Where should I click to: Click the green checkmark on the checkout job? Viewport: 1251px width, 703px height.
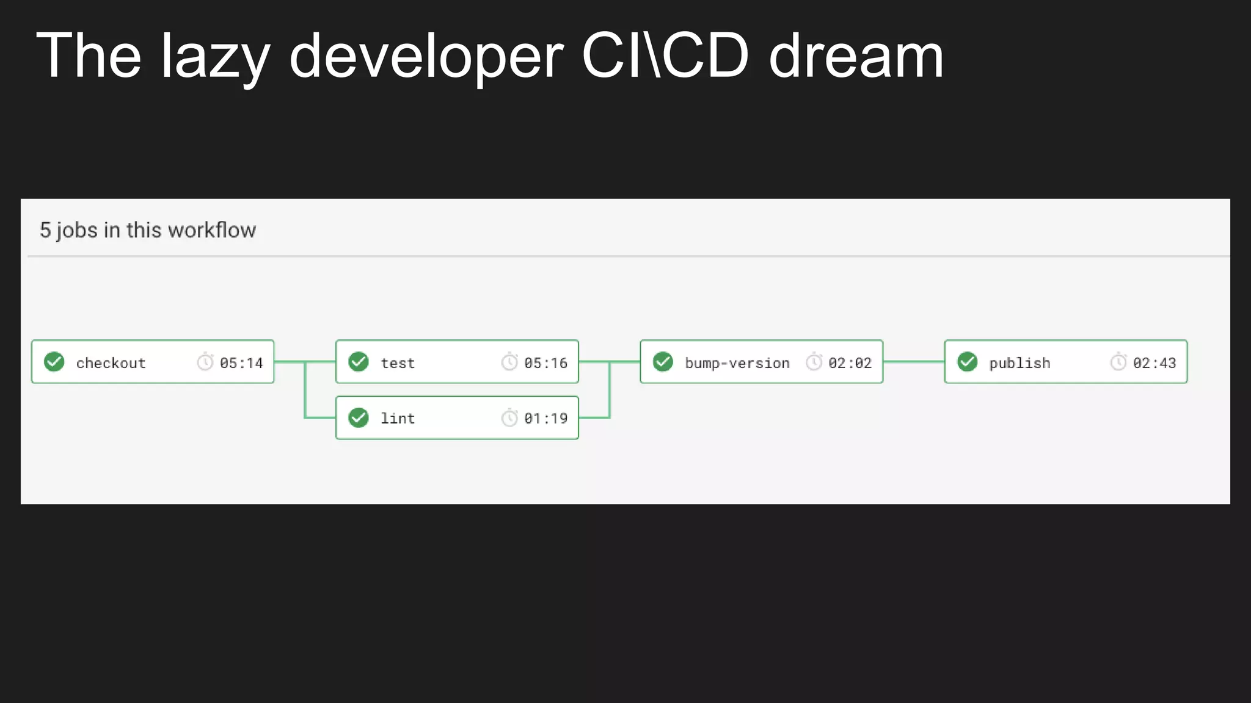[x=54, y=362]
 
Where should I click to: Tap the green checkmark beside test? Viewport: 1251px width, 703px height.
[x=359, y=362]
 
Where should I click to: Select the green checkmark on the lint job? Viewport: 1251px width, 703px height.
[x=359, y=418]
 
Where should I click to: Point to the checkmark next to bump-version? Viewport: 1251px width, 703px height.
[x=663, y=362]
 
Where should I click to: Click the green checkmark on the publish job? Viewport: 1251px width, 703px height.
[x=968, y=362]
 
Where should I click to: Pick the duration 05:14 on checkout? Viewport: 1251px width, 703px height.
[x=241, y=363]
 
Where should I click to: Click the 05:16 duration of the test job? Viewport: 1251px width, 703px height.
[x=545, y=363]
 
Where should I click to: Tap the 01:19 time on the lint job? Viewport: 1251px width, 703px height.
[x=545, y=419]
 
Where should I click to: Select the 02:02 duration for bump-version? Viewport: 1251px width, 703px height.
[x=850, y=363]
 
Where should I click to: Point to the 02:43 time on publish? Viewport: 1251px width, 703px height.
[x=1154, y=363]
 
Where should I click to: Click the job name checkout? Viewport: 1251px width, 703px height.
[x=111, y=363]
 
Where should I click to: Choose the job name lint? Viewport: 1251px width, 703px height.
[x=398, y=419]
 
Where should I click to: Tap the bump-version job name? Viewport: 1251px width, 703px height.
[x=737, y=363]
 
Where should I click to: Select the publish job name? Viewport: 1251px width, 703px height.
[x=1019, y=363]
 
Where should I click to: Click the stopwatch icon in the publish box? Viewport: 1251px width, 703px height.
[x=1118, y=362]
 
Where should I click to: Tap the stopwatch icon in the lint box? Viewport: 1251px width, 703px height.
[x=509, y=418]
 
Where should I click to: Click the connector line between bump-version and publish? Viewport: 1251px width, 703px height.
[x=914, y=362]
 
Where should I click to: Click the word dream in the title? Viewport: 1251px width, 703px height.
[x=856, y=56]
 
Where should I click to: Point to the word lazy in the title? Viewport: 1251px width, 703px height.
[x=215, y=56]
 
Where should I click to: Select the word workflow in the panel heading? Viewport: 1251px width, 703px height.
[x=212, y=230]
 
